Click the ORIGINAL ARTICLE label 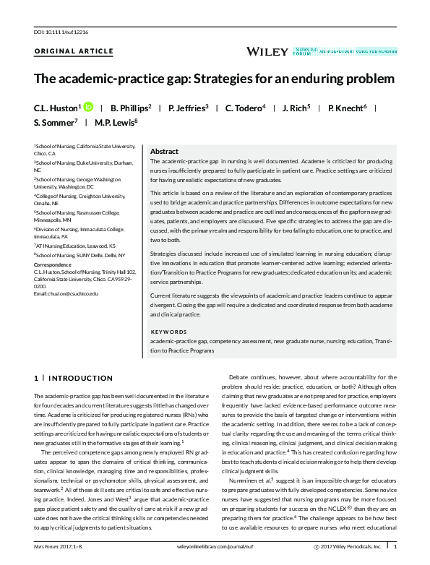(74, 51)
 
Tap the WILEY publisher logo (267, 51)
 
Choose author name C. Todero (244, 108)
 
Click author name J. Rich (295, 108)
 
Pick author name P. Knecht (346, 108)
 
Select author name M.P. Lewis (114, 123)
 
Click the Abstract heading (164, 152)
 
